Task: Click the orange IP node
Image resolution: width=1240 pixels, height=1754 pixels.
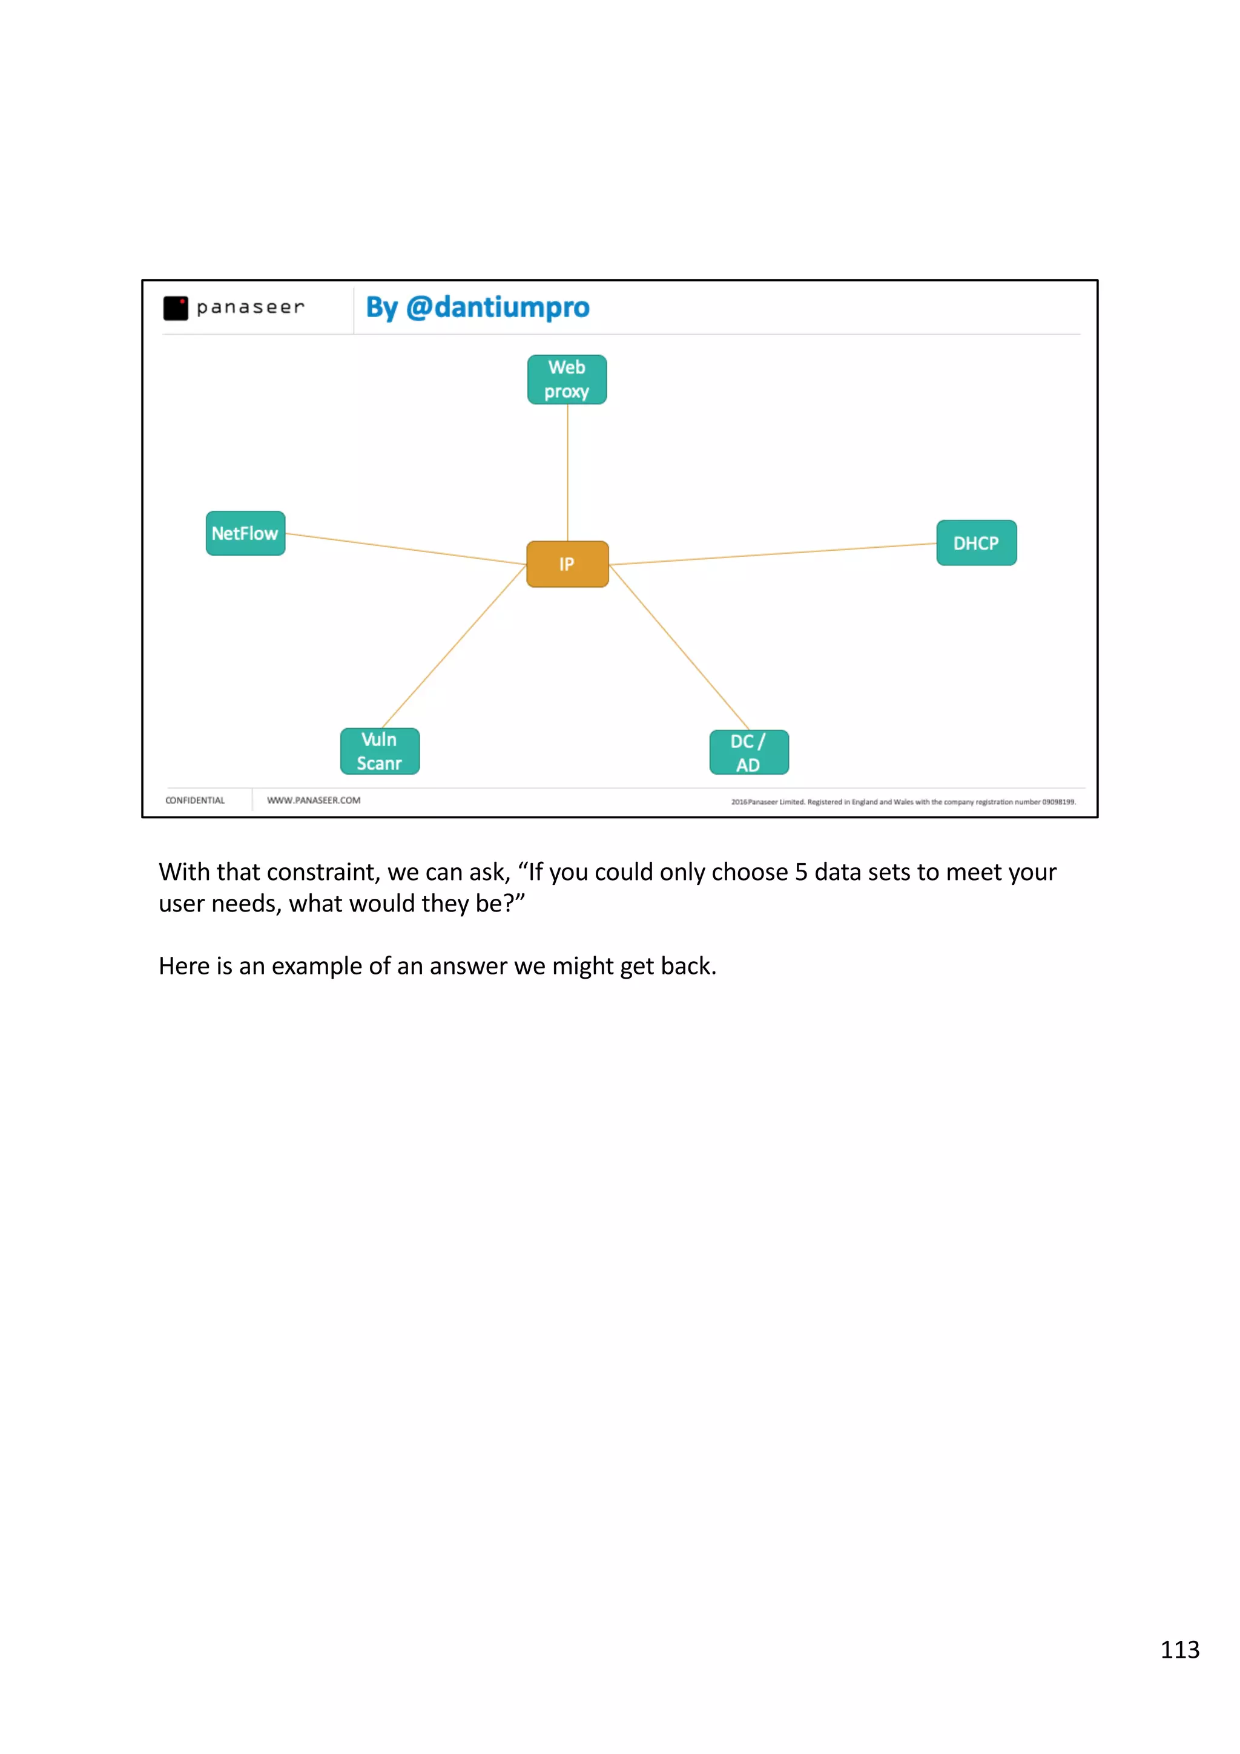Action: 567,564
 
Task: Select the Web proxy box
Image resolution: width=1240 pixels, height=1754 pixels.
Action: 567,379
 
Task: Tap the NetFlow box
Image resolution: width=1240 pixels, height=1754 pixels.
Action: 245,533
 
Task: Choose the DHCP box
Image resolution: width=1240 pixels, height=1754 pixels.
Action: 975,543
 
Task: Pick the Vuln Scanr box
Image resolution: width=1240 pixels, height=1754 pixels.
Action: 380,751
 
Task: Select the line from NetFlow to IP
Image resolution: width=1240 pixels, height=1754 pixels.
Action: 405,548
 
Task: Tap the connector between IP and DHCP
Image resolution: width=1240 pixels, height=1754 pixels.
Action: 771,554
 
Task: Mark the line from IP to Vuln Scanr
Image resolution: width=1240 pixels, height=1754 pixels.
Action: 454,646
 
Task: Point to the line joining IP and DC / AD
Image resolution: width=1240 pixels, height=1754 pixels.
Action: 679,648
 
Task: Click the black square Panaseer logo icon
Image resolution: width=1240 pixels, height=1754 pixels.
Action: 176,308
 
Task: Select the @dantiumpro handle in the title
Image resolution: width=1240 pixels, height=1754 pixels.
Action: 497,307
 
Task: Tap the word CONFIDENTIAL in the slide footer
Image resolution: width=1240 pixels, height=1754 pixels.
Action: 195,801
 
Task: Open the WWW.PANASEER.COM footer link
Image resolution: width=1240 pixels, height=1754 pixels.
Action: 313,801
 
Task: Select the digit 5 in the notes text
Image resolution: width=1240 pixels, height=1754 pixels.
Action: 800,872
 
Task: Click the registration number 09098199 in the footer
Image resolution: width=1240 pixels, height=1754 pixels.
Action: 1058,802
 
